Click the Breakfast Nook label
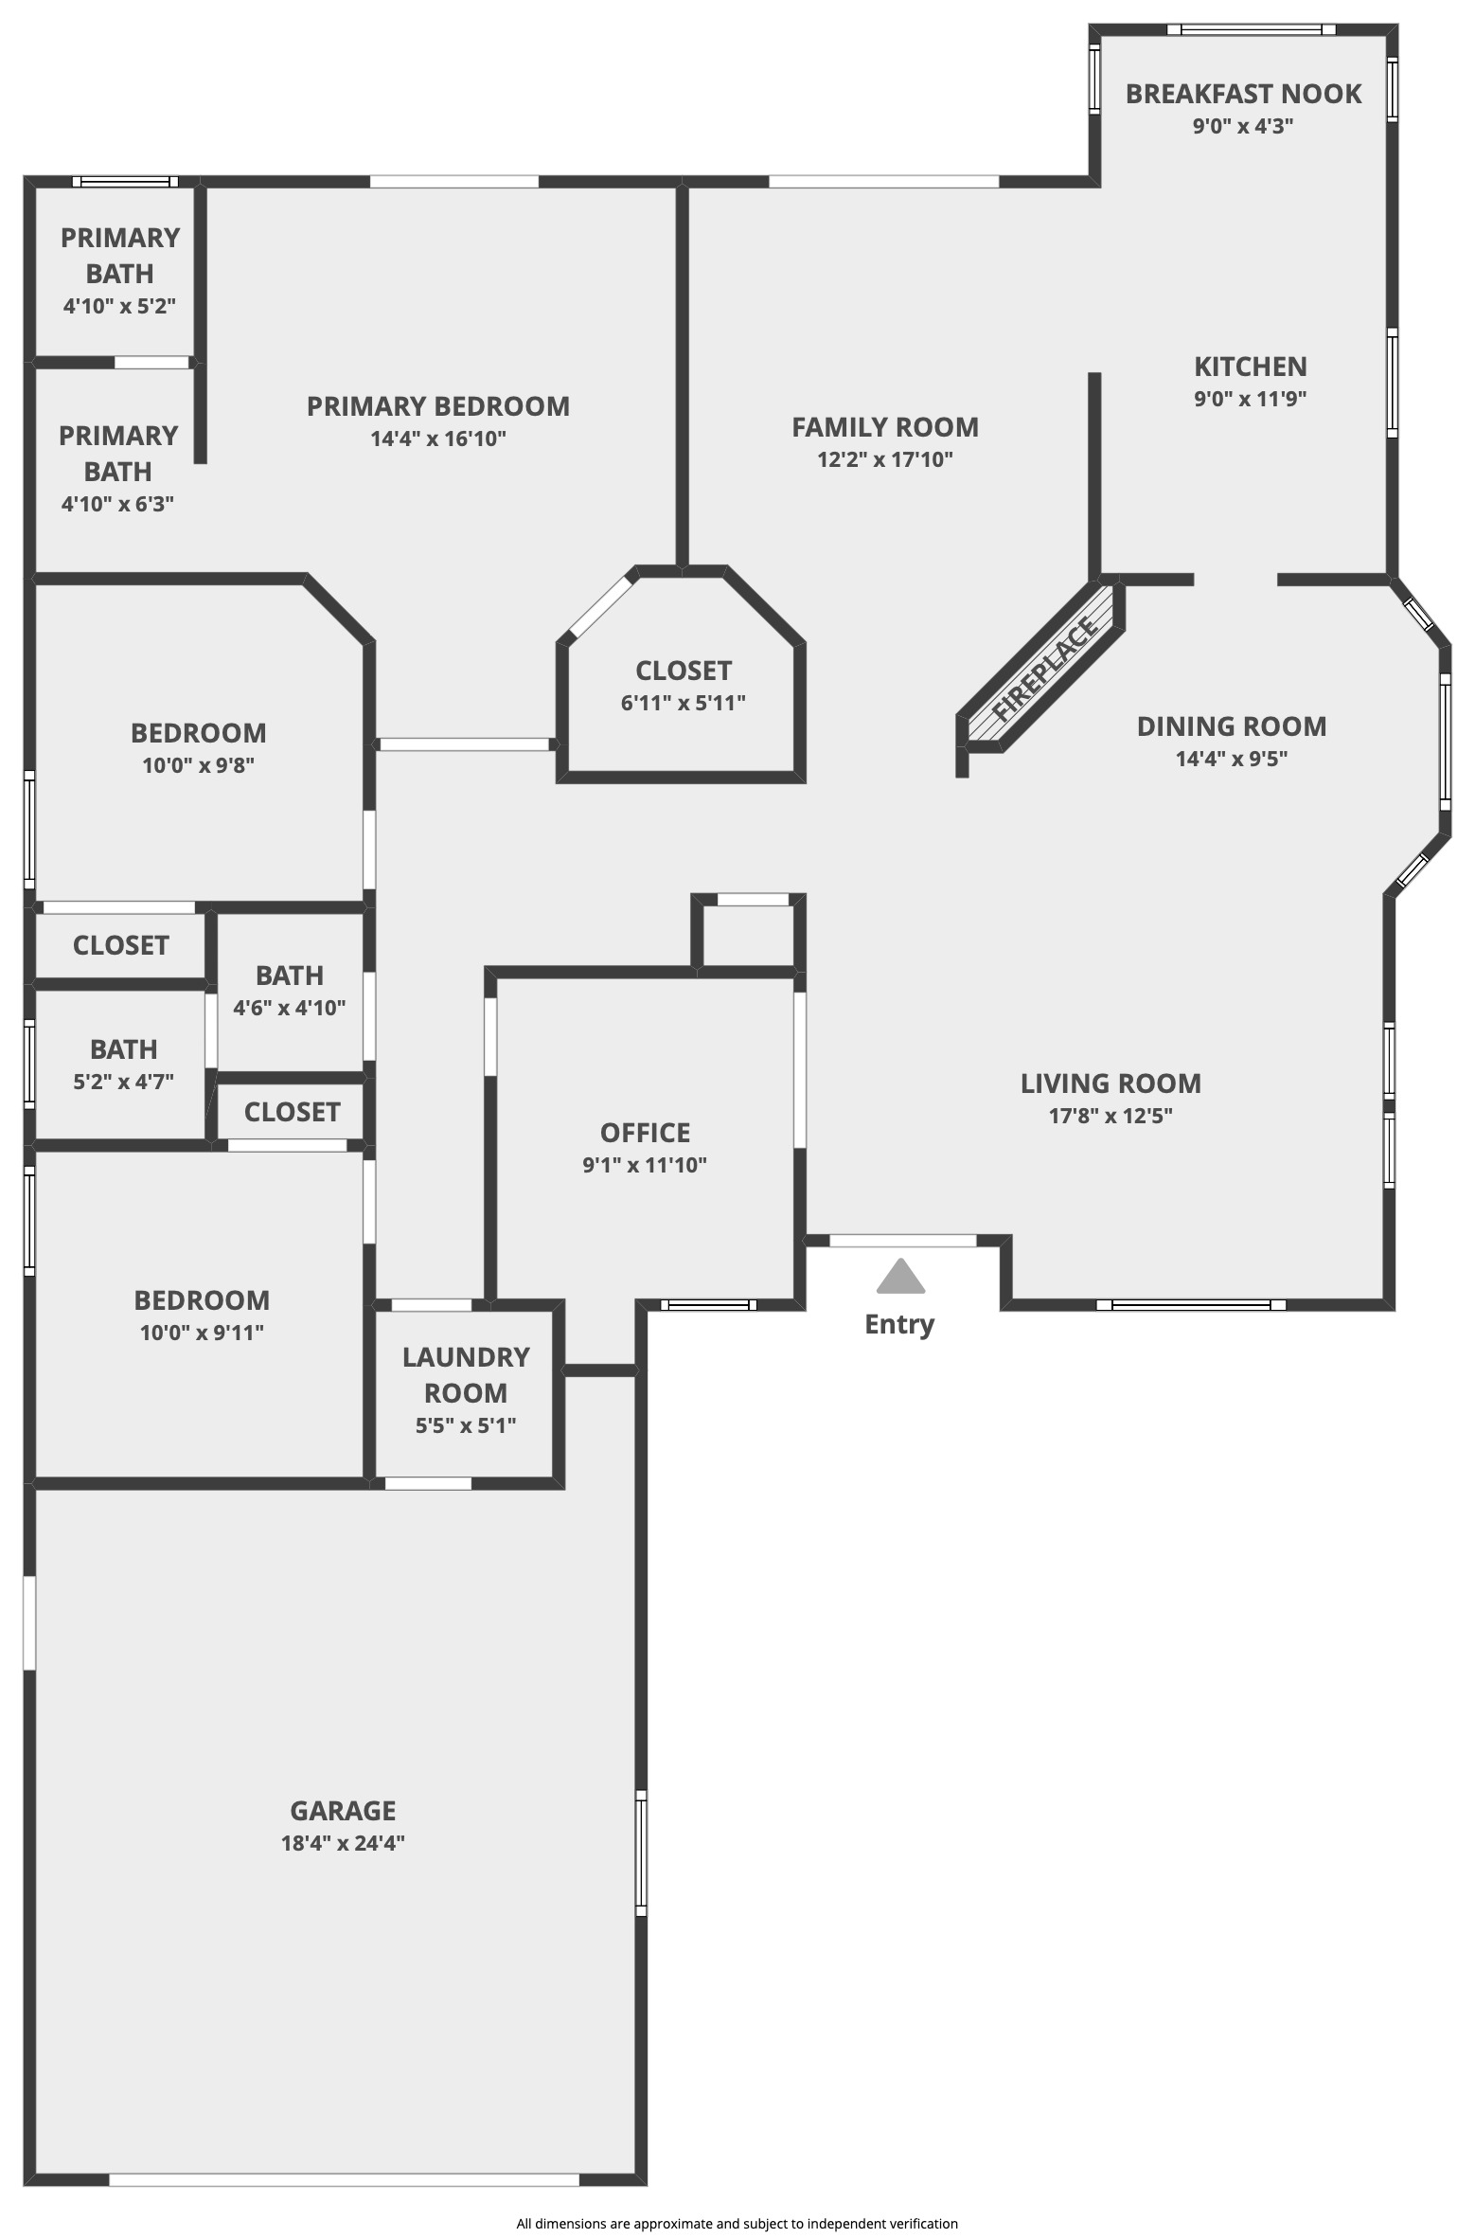tap(1243, 94)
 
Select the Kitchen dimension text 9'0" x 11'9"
tap(1250, 399)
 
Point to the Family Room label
tap(885, 427)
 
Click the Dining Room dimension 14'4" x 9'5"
tap(1231, 759)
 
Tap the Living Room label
tap(1111, 1083)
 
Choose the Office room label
tap(645, 1133)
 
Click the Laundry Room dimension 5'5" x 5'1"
tap(465, 1425)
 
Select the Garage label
tap(343, 1811)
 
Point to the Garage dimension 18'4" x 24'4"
tap(343, 1843)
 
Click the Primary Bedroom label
tap(438, 406)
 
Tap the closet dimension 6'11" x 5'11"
tap(683, 703)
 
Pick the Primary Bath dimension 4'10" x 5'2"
tap(119, 307)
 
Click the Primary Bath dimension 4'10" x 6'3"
tap(117, 504)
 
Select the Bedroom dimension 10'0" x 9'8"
tap(198, 765)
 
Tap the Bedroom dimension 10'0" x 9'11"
tap(201, 1333)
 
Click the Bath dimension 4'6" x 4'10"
tap(289, 1008)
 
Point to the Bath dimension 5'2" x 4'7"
tap(123, 1082)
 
